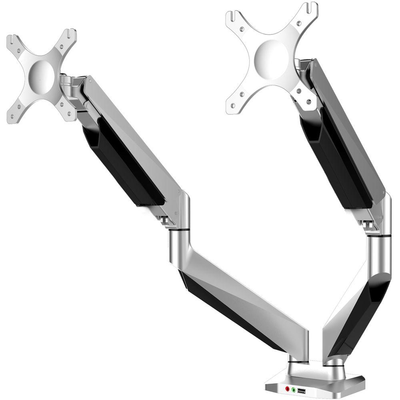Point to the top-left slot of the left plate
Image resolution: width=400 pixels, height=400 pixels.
pyautogui.click(x=12, y=39)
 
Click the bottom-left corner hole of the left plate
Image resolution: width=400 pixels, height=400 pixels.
pyautogui.click(x=12, y=116)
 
